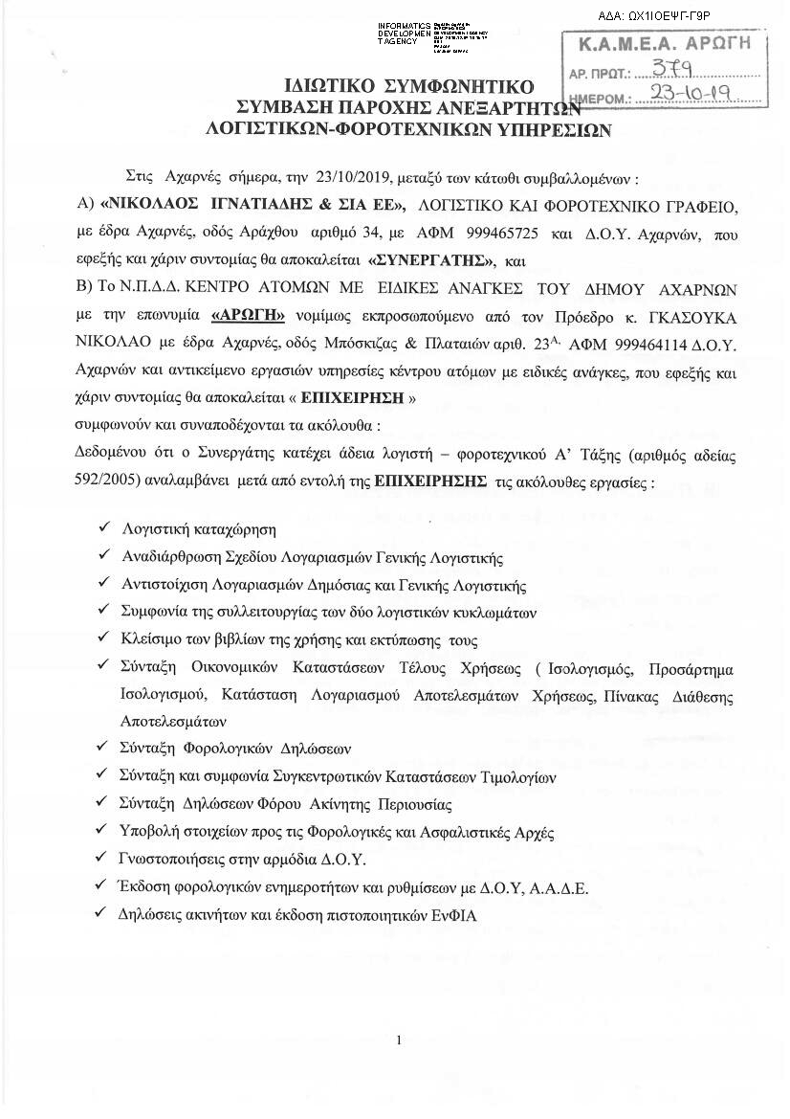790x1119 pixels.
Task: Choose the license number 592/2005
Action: pos(103,482)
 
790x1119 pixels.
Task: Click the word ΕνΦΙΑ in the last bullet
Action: pos(454,914)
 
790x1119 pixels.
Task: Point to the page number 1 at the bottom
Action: pos(398,1041)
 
